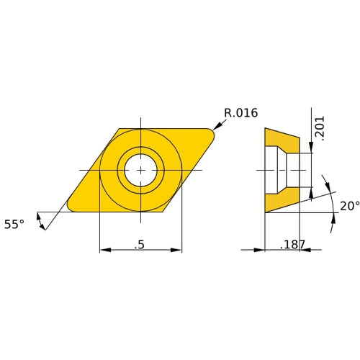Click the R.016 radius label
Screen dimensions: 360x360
click(x=240, y=113)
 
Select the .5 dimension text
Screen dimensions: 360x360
click(x=140, y=244)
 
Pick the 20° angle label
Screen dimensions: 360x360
click(x=349, y=206)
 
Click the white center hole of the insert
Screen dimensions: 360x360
click(x=140, y=170)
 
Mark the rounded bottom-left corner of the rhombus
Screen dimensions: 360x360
click(x=71, y=207)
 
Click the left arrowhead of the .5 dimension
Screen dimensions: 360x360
click(x=103, y=250)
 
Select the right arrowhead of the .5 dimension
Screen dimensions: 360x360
click(x=178, y=250)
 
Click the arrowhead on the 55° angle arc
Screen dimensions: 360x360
click(x=45, y=225)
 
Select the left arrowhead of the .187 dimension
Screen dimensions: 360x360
click(x=261, y=250)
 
